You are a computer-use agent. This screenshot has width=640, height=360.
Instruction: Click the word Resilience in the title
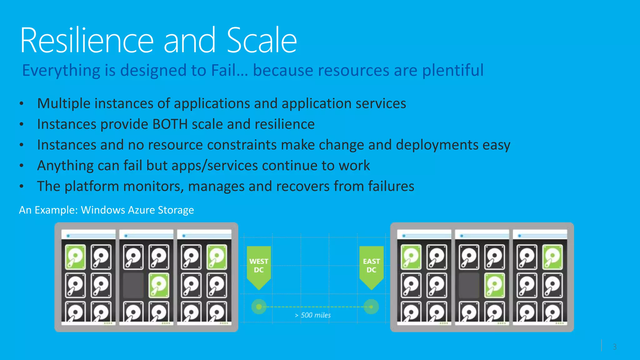click(87, 41)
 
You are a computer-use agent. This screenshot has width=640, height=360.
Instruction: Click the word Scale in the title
click(262, 41)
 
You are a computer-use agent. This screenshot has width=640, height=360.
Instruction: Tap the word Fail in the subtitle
click(223, 70)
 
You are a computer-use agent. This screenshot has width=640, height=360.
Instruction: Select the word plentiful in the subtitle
click(453, 70)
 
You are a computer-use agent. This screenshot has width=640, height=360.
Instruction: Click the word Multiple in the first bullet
click(64, 104)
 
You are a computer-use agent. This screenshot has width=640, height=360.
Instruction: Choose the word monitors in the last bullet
click(153, 187)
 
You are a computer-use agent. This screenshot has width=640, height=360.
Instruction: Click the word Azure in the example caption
click(141, 210)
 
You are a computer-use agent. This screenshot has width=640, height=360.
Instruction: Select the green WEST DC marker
click(259, 266)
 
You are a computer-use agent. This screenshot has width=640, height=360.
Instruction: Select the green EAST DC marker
click(371, 266)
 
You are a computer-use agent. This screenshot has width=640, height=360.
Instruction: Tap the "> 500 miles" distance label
click(313, 315)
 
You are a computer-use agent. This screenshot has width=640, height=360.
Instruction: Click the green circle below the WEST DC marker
click(259, 307)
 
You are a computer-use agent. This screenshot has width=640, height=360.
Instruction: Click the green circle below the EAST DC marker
click(371, 307)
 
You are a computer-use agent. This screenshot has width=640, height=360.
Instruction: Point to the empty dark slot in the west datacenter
click(133, 285)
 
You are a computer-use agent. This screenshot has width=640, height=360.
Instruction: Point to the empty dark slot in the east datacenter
click(469, 285)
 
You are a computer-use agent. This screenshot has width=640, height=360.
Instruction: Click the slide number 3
click(614, 347)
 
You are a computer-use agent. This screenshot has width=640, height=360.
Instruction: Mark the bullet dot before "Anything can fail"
click(21, 166)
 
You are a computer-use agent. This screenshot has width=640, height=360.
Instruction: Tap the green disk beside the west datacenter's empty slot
click(159, 285)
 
